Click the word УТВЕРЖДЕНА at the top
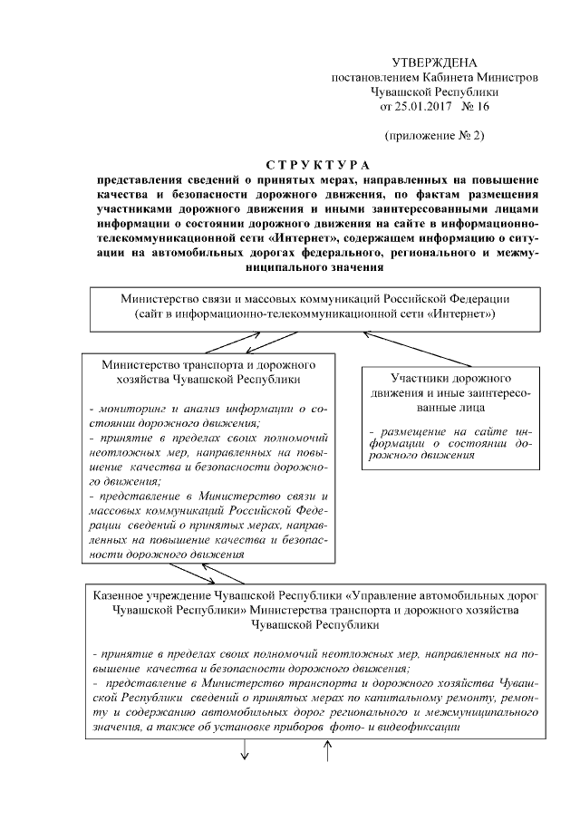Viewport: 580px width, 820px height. (433, 63)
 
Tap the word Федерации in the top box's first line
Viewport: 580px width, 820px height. (481, 298)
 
